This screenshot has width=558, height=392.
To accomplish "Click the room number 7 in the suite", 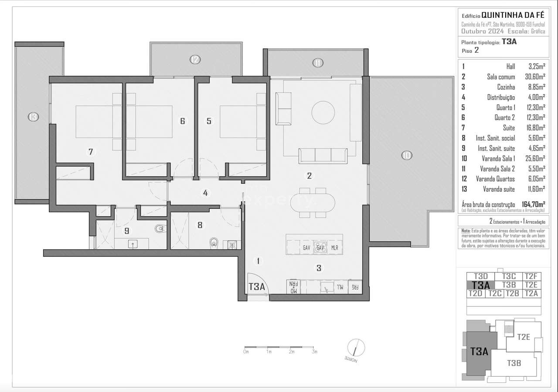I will coord(91,152).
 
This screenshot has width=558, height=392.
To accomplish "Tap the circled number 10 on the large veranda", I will coord(406,155).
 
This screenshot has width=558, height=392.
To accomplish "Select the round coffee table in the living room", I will coord(324,113).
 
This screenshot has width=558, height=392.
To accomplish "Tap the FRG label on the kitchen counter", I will coord(355,287).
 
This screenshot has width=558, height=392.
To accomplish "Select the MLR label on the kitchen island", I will coord(335,248).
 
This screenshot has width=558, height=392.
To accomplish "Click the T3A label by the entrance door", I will coord(257,286).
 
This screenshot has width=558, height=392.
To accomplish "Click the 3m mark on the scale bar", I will coord(315,351).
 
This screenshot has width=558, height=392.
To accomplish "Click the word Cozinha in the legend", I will coord(506,87).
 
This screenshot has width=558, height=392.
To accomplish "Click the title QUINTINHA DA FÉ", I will coord(513,14).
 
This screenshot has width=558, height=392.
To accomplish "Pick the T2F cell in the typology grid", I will coord(531,276).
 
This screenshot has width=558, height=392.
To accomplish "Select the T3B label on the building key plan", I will coord(514,363).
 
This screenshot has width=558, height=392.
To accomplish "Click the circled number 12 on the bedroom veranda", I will coord(195,60).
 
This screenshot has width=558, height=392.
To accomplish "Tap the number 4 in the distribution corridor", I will coord(205,193).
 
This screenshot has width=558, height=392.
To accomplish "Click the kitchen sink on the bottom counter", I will coord(325,287).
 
